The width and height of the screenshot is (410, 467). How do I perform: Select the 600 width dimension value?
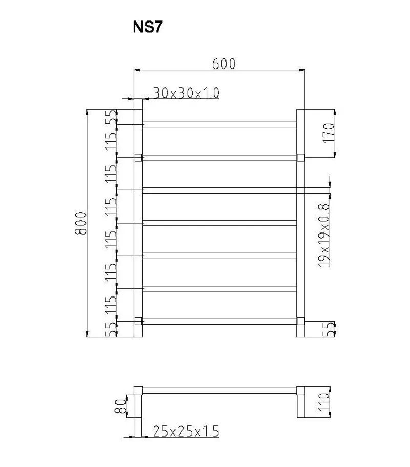[223, 63]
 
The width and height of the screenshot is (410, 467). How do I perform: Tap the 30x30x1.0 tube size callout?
[186, 93]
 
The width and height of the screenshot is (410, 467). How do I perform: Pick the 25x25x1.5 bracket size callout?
[186, 432]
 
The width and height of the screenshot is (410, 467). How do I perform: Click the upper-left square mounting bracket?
[138, 158]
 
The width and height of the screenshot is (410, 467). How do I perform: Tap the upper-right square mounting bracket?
[301, 158]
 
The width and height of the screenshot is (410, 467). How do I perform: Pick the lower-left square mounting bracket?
[138, 321]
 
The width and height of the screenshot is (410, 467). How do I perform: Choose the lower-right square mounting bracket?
[301, 321]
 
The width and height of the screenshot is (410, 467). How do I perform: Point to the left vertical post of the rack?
[138, 230]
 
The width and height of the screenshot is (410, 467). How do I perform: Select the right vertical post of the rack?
[301, 230]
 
